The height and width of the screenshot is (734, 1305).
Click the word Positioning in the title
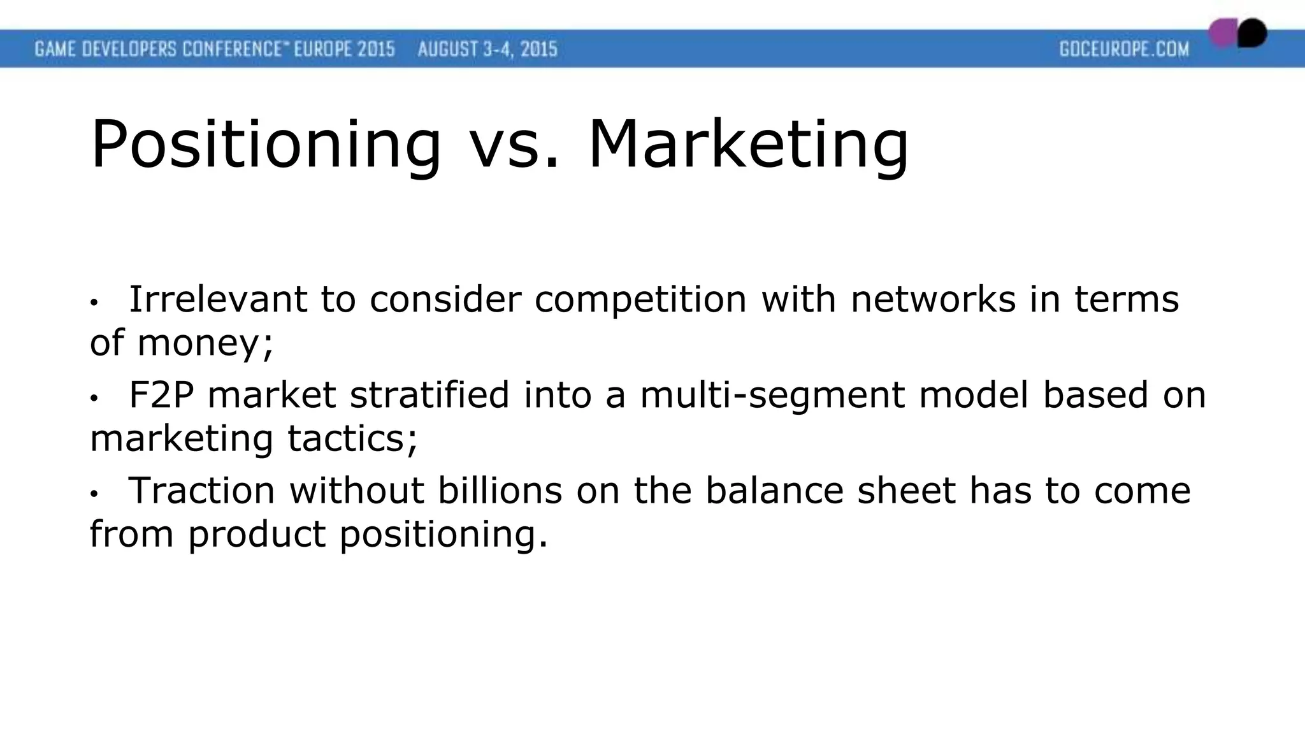[x=265, y=145]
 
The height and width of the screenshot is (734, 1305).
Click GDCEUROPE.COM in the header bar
[x=1124, y=49]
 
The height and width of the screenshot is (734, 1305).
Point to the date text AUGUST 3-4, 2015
[x=487, y=49]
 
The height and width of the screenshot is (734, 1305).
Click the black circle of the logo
[x=1253, y=32]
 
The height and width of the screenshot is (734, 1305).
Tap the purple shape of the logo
[x=1223, y=33]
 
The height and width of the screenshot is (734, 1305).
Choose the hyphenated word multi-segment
[x=772, y=394]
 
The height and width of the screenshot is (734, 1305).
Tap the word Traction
[x=202, y=490]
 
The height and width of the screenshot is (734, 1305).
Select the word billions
[x=500, y=490]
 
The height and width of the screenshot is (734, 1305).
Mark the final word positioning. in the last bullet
[x=443, y=534]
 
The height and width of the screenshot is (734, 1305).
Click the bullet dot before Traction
[x=94, y=494]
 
